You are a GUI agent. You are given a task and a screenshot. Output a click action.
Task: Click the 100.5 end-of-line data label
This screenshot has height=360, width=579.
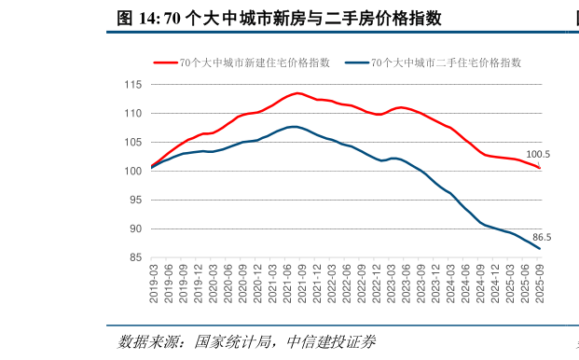click(538, 155)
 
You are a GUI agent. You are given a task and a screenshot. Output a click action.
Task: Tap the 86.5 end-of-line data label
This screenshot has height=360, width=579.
click(541, 238)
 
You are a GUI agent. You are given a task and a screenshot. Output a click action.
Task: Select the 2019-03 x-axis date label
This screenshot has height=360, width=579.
click(153, 282)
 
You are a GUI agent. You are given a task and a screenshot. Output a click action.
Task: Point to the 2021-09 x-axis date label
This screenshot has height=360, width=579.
click(302, 282)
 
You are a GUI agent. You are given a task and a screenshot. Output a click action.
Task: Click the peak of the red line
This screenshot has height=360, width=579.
click(297, 93)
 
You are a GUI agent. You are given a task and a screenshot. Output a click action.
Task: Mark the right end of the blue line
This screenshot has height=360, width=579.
click(540, 249)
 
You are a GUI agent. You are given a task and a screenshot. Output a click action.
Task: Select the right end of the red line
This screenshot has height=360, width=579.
click(540, 168)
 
